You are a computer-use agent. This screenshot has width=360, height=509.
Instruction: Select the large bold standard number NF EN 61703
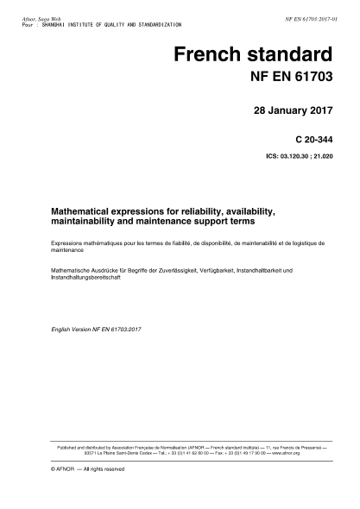coord(285,80)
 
